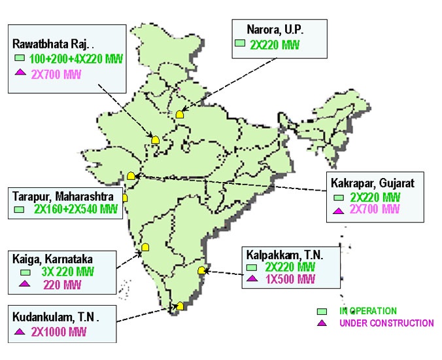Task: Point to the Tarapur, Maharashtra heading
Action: coord(63,196)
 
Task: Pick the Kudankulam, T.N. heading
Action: coord(56,317)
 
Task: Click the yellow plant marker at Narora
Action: coord(180,114)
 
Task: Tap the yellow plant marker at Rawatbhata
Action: coord(156,139)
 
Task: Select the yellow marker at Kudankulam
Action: coord(180,306)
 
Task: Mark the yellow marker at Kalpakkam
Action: coord(202,270)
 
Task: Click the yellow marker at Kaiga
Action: coord(146,247)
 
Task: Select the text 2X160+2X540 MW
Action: coord(76,210)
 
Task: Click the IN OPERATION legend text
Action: coord(368,311)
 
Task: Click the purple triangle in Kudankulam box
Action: coord(19,332)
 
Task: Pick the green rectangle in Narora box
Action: coord(240,44)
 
